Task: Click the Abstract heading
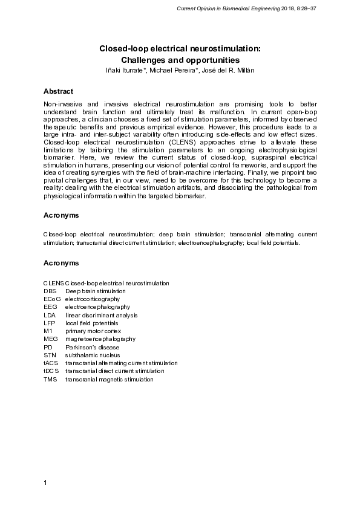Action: (58, 91)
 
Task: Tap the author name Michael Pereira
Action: (174, 71)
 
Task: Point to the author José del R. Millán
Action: (227, 71)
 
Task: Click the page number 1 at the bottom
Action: (45, 482)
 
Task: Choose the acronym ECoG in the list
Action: (51, 299)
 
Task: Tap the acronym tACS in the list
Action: (51, 363)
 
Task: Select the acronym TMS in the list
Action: (50, 380)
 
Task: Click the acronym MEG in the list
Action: (50, 339)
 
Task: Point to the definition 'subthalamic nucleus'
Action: (93, 355)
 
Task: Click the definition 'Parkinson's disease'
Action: (92, 348)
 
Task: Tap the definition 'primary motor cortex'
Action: (93, 331)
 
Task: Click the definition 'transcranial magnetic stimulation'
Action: (110, 380)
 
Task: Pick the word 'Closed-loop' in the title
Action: (123, 48)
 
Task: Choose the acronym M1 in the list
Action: (48, 331)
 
